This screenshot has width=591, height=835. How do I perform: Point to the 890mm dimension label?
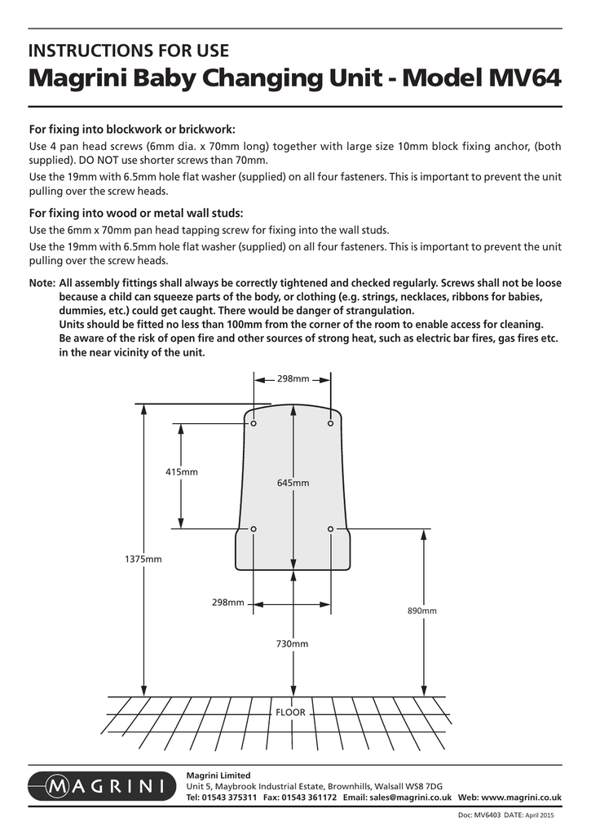pyautogui.click(x=422, y=611)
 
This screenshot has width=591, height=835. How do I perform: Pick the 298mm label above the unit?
pyautogui.click(x=293, y=378)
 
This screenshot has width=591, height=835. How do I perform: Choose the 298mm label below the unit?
pyautogui.click(x=228, y=603)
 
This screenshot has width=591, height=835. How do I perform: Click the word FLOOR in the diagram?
pyautogui.click(x=291, y=712)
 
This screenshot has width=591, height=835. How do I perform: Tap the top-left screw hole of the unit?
pyautogui.click(x=254, y=424)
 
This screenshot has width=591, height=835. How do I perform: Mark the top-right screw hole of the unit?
pyautogui.click(x=331, y=424)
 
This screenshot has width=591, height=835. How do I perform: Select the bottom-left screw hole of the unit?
pyautogui.click(x=254, y=529)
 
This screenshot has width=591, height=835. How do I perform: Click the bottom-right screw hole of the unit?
pyautogui.click(x=331, y=529)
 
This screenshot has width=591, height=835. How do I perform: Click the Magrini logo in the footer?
pyautogui.click(x=99, y=786)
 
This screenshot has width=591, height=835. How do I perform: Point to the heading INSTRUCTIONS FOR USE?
pyautogui.click(x=129, y=51)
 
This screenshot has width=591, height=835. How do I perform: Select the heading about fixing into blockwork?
pyautogui.click(x=132, y=130)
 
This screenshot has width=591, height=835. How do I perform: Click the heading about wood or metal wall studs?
pyautogui.click(x=136, y=214)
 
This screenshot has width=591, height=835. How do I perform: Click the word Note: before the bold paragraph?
pyautogui.click(x=42, y=283)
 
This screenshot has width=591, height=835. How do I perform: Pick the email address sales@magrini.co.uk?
pyautogui.click(x=406, y=797)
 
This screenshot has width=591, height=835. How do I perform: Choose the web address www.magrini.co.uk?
pyautogui.click(x=523, y=797)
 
